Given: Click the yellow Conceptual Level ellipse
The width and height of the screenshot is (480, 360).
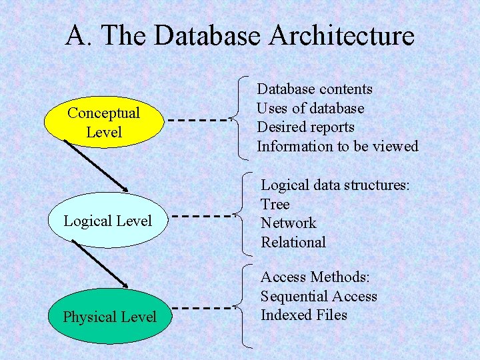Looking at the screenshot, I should (x=103, y=123).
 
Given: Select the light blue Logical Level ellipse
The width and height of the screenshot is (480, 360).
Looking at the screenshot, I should (x=107, y=221).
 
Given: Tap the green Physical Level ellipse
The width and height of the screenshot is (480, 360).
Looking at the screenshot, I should (x=109, y=317).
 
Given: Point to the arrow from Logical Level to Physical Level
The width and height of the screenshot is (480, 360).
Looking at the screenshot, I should (x=101, y=265).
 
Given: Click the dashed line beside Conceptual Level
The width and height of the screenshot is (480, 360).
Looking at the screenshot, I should (x=197, y=121).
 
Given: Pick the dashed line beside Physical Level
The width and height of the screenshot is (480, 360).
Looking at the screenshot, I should (x=201, y=308).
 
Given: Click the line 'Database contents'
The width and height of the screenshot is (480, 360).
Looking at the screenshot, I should (x=315, y=89).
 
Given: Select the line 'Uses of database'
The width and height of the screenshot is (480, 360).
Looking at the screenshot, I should (x=311, y=108).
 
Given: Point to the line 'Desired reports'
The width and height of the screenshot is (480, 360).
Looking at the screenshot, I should (x=306, y=127).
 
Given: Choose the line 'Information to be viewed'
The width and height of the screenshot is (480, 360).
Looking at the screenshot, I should (x=337, y=146).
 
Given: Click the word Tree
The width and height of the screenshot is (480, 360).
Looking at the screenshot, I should (x=275, y=204).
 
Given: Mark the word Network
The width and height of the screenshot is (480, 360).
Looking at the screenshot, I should (x=289, y=223).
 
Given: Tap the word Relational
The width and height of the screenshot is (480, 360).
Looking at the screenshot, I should (x=293, y=242).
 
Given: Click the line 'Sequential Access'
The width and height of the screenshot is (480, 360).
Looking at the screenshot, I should (x=319, y=297).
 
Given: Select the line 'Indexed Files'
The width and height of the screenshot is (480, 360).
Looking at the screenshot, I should (x=304, y=315).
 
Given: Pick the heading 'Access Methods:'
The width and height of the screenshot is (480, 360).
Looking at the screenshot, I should (x=315, y=277).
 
